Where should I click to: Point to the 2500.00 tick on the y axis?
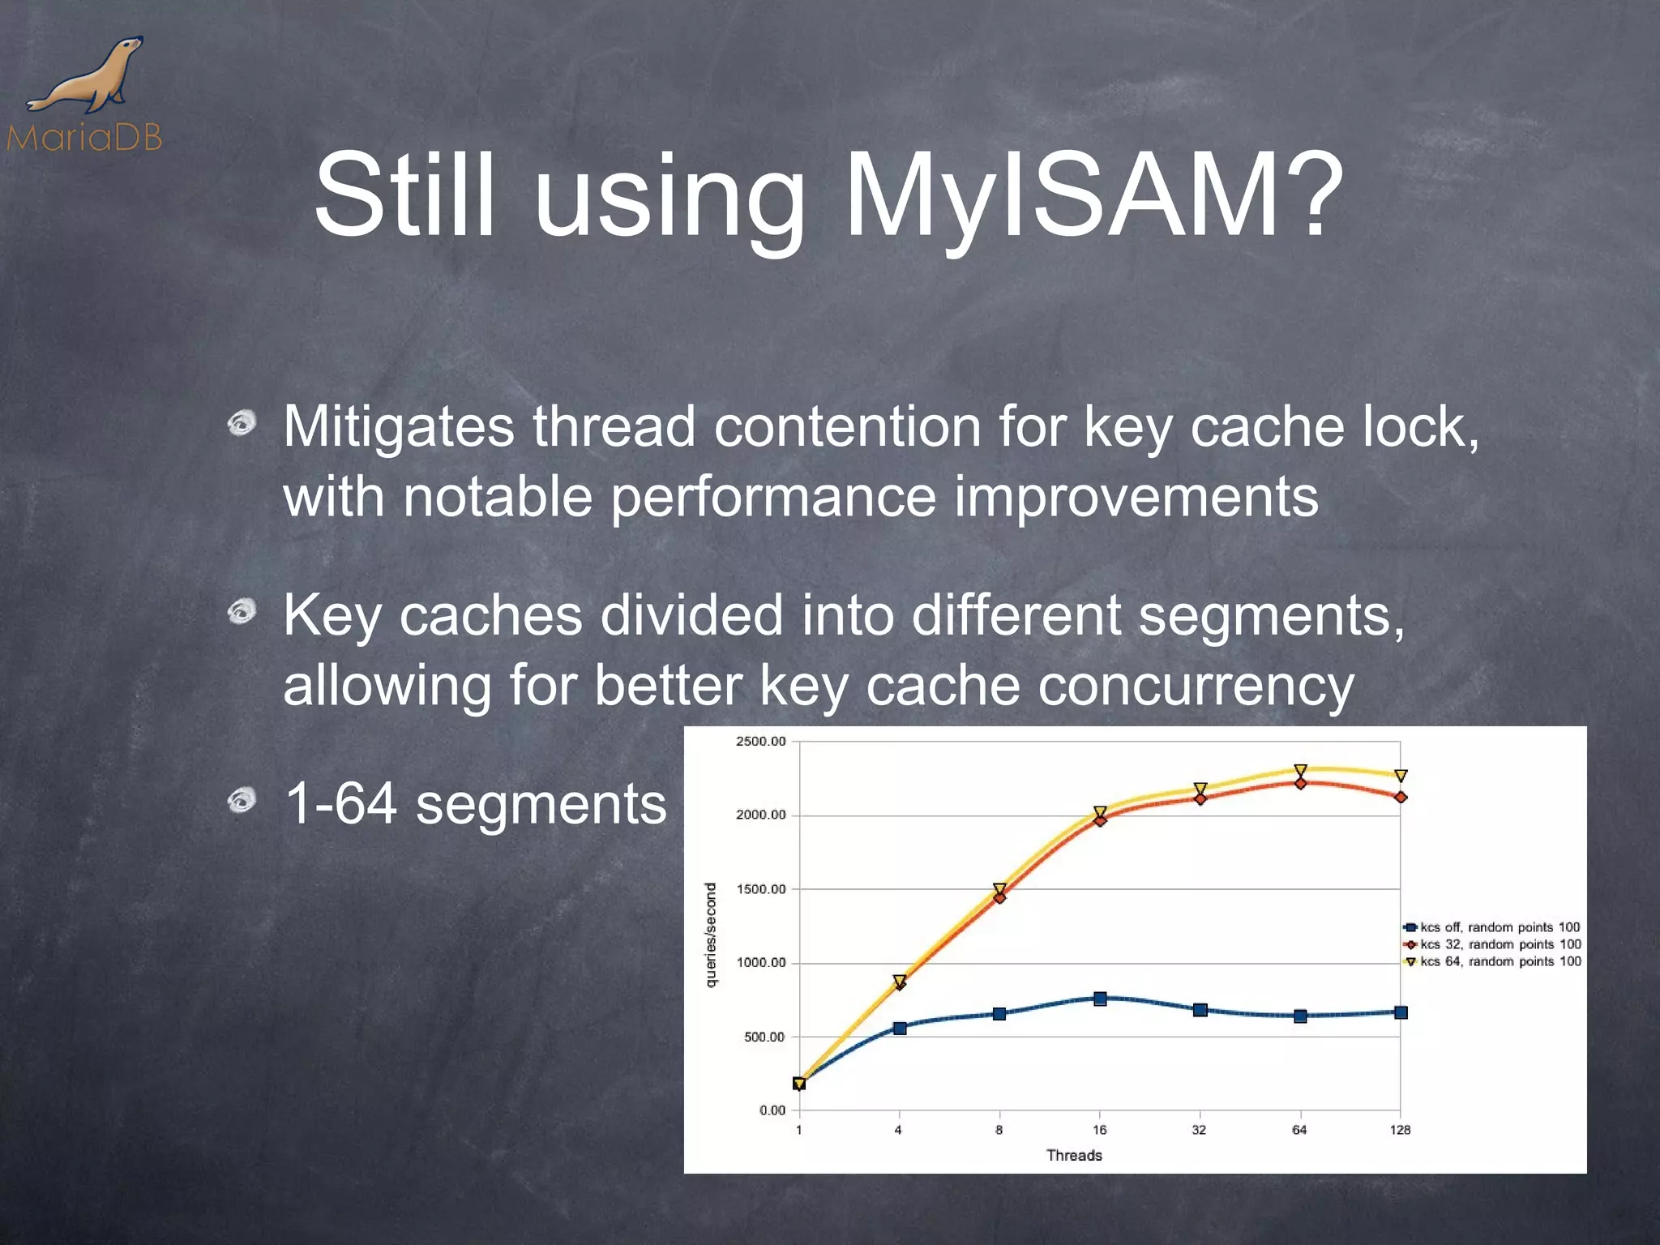pyautogui.click(x=760, y=741)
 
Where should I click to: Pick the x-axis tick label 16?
pyautogui.click(x=1099, y=1130)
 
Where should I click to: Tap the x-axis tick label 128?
pyautogui.click(x=1400, y=1130)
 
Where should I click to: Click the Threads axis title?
pyautogui.click(x=1074, y=1155)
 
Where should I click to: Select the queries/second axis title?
pyautogui.click(x=711, y=935)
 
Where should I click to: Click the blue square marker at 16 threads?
pyautogui.click(x=1100, y=999)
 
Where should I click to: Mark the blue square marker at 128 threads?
pyautogui.click(x=1401, y=1012)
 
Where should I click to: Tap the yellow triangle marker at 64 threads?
pyautogui.click(x=1300, y=770)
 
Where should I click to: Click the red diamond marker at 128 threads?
pyautogui.click(x=1401, y=798)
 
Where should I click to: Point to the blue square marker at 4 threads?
pyautogui.click(x=900, y=1028)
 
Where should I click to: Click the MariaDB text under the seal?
pyautogui.click(x=84, y=138)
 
